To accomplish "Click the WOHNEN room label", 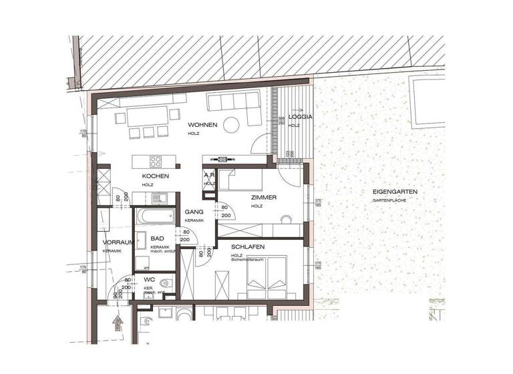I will [x=202, y=124].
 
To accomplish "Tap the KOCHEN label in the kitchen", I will [x=155, y=176].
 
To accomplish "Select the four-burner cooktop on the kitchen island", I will [x=156, y=161].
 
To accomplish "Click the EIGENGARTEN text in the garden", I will [x=395, y=192].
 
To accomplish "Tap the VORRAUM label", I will [x=118, y=242].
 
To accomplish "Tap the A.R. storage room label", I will [x=209, y=176].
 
